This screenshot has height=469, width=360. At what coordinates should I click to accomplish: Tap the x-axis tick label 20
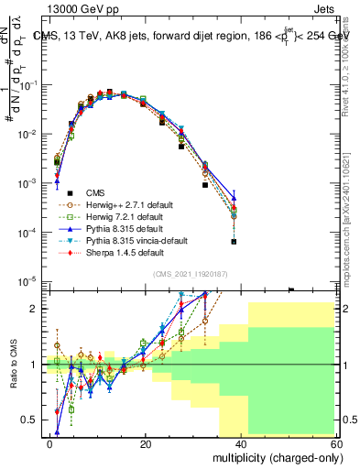tap(145, 442)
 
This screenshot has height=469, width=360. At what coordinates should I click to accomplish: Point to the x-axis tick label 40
tap(240, 442)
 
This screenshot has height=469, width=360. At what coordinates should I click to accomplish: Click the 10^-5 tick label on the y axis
tap(30, 281)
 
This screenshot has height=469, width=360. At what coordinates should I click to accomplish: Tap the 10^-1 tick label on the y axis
tap(30, 85)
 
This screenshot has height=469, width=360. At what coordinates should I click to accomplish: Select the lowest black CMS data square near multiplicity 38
tap(235, 242)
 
